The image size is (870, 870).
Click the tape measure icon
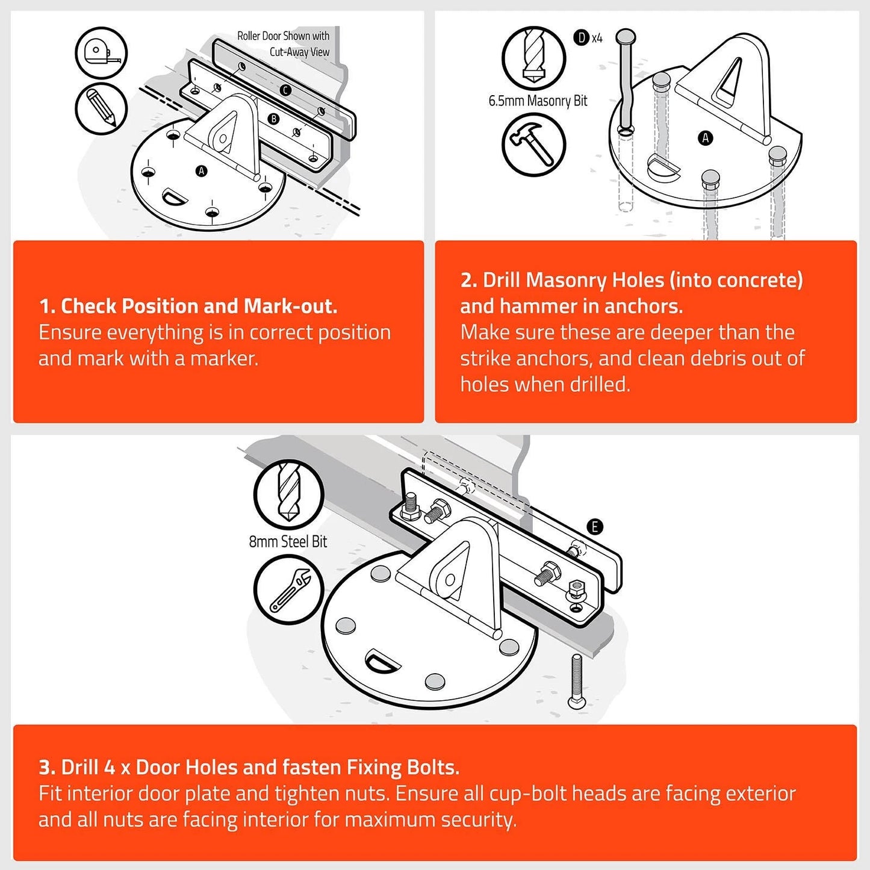(101, 53)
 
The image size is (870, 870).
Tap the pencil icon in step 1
(101, 108)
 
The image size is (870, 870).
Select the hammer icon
(533, 144)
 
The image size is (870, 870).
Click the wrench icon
(289, 589)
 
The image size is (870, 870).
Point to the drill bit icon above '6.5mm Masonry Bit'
(533, 58)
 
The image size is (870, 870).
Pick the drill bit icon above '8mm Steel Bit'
(289, 494)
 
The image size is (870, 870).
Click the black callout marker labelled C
(285, 90)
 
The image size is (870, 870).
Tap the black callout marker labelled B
(273, 119)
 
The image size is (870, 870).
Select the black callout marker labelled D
(581, 38)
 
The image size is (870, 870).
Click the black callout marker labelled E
(595, 526)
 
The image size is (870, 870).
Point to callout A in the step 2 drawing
(705, 138)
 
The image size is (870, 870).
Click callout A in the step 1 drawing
(201, 171)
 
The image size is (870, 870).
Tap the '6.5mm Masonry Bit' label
(538, 101)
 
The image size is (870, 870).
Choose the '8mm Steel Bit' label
(288, 541)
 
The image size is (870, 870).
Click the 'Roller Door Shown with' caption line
(283, 36)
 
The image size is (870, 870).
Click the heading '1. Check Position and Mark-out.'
(188, 306)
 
